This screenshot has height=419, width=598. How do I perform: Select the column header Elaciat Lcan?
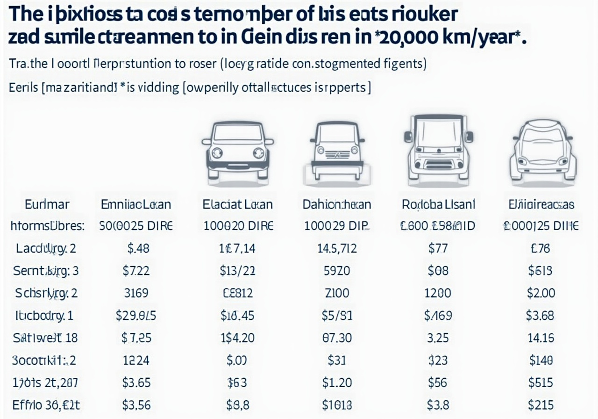coord(237,204)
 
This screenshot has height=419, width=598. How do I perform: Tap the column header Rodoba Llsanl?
coord(438,204)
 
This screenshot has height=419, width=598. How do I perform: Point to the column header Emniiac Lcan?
coord(136,204)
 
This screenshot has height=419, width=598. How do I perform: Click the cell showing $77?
coord(438,248)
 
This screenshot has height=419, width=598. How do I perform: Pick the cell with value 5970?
coord(337,271)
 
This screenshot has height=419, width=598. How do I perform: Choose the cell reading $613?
coord(541,271)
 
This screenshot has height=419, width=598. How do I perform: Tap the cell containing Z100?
coord(337,293)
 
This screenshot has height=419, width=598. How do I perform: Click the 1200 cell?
coord(438,293)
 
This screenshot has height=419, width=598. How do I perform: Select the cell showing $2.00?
coord(541,293)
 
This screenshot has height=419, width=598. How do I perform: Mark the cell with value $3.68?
coord(541,316)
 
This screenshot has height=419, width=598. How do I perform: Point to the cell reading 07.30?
coord(337,338)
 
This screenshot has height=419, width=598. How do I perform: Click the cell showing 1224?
coord(136,360)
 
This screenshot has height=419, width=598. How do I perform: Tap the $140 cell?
coord(541,360)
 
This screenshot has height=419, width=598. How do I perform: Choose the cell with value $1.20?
coord(337,383)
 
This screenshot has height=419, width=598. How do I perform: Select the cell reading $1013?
coord(337,405)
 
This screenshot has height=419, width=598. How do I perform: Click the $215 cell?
coord(541,405)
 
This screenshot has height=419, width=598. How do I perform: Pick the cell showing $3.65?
coord(136,383)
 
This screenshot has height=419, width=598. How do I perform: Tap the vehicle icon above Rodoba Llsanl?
coord(438,149)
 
